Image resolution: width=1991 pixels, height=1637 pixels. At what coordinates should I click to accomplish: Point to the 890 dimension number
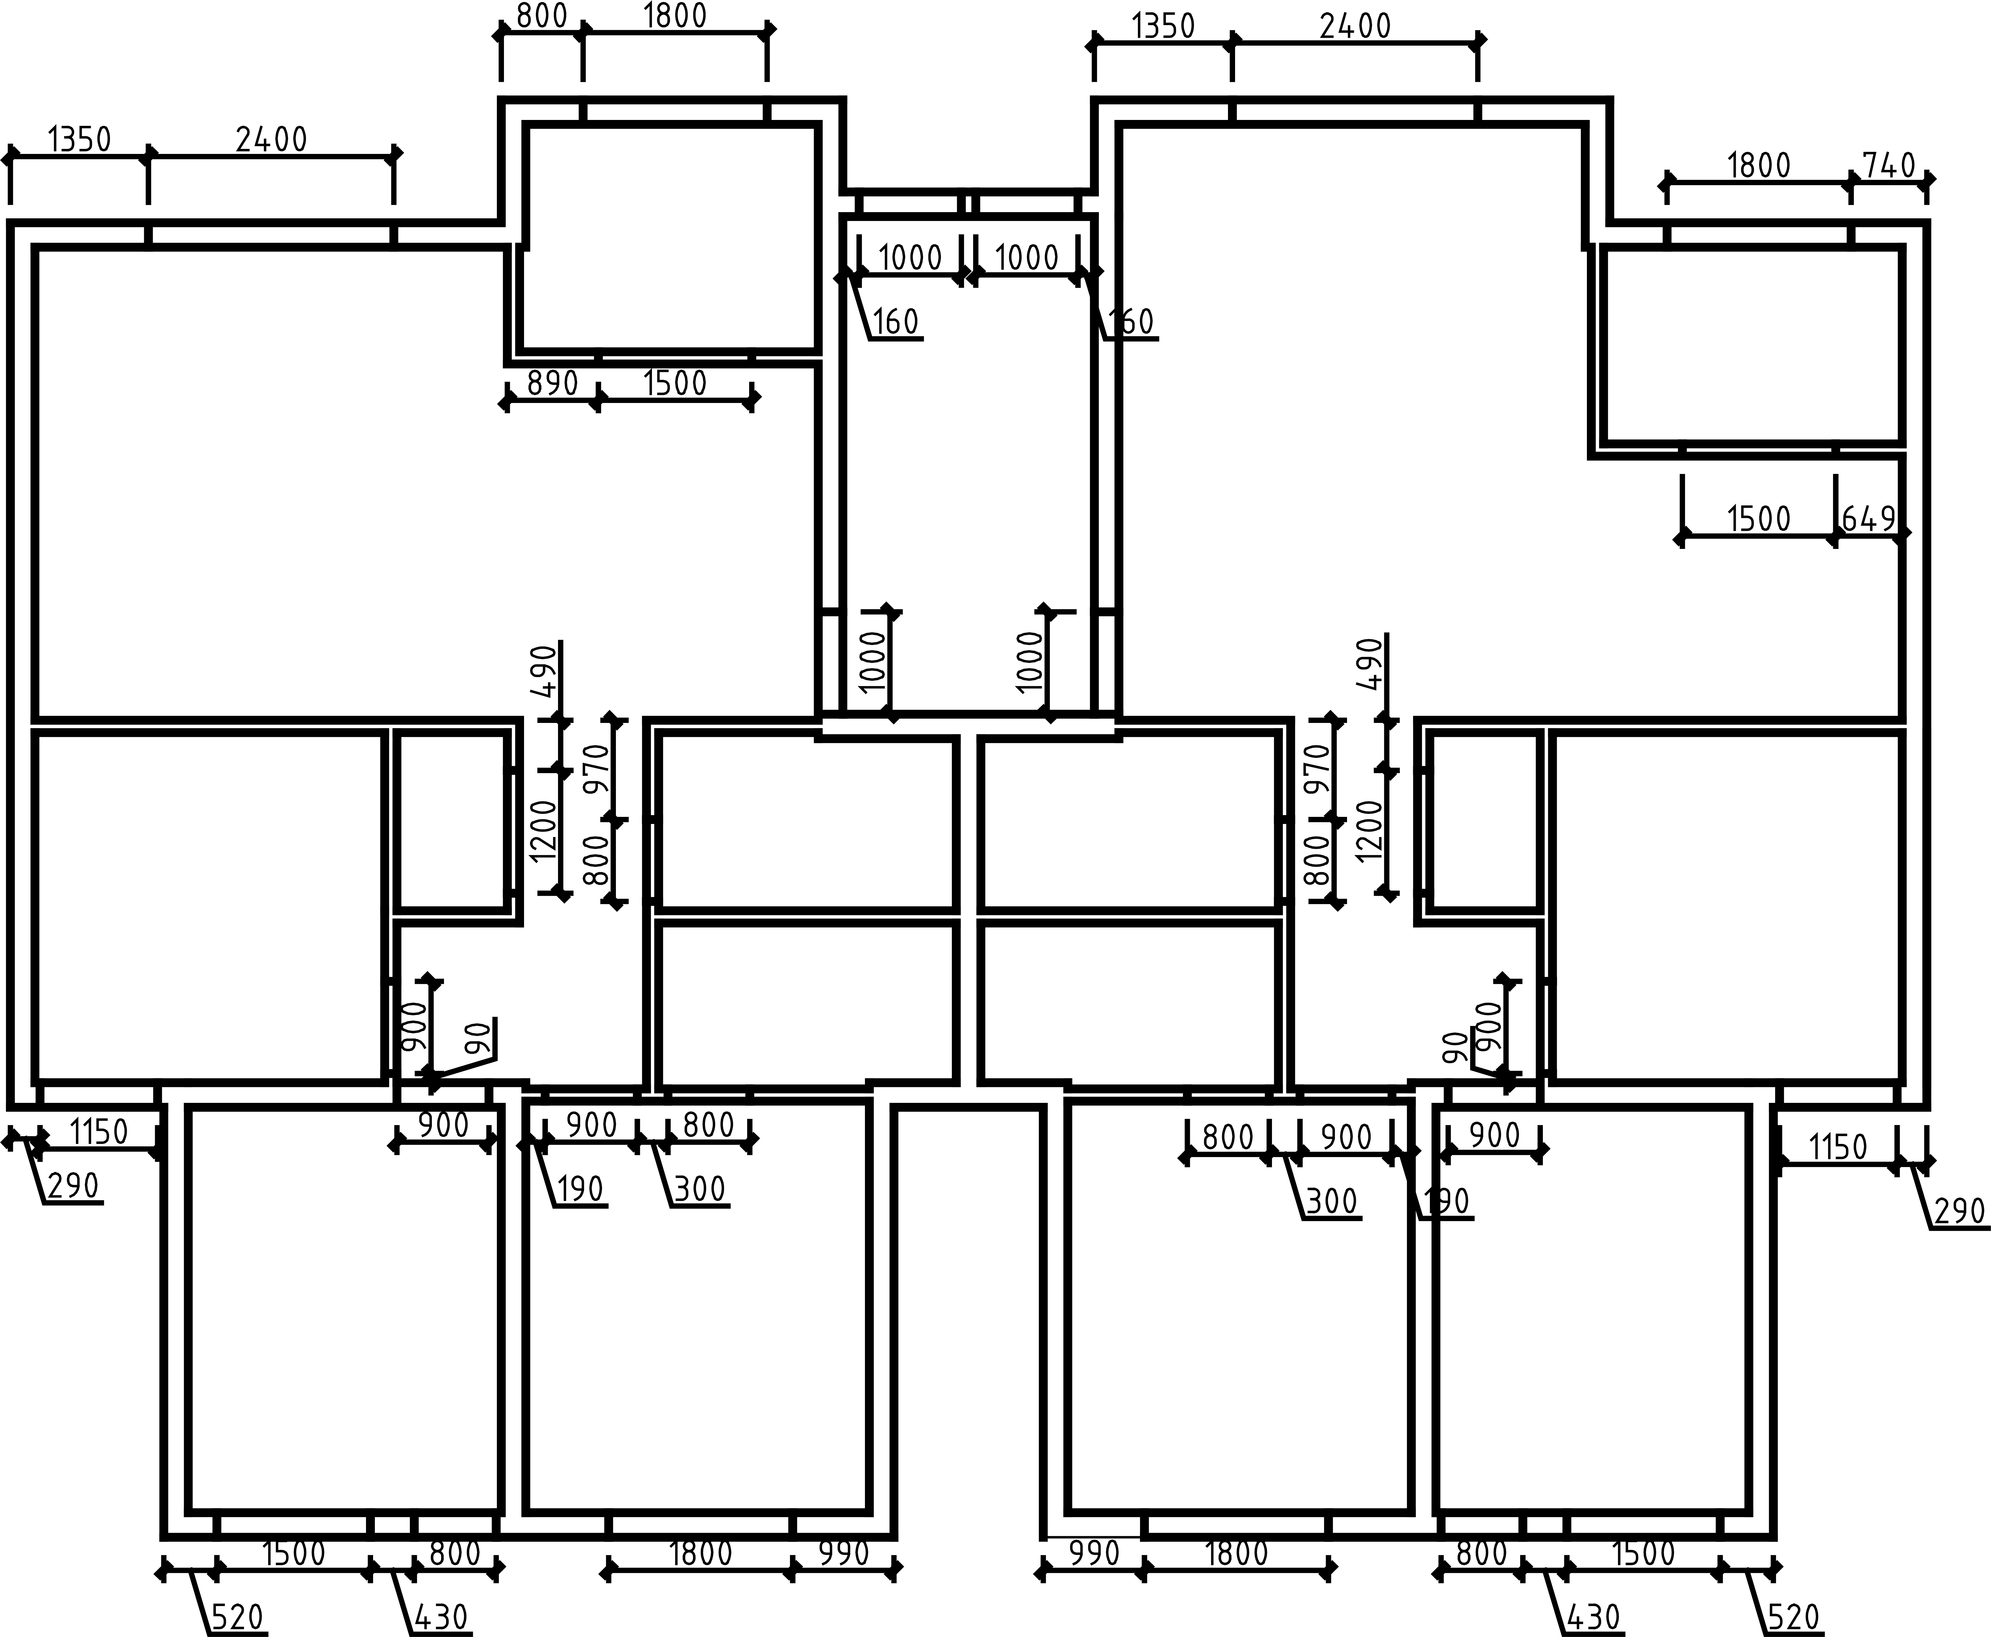(x=552, y=384)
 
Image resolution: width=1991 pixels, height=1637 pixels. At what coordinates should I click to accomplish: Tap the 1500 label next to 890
(x=675, y=384)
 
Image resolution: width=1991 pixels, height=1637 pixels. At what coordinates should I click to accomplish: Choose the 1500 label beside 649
(x=1759, y=519)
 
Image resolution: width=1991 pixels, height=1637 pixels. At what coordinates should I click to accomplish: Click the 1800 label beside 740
(x=1759, y=166)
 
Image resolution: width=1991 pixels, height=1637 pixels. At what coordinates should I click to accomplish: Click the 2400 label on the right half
(x=1355, y=26)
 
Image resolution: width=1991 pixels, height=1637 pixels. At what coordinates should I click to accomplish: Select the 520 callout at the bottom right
(x=1793, y=1618)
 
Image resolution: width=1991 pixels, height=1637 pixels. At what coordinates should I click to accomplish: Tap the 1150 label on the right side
(x=1838, y=1147)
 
